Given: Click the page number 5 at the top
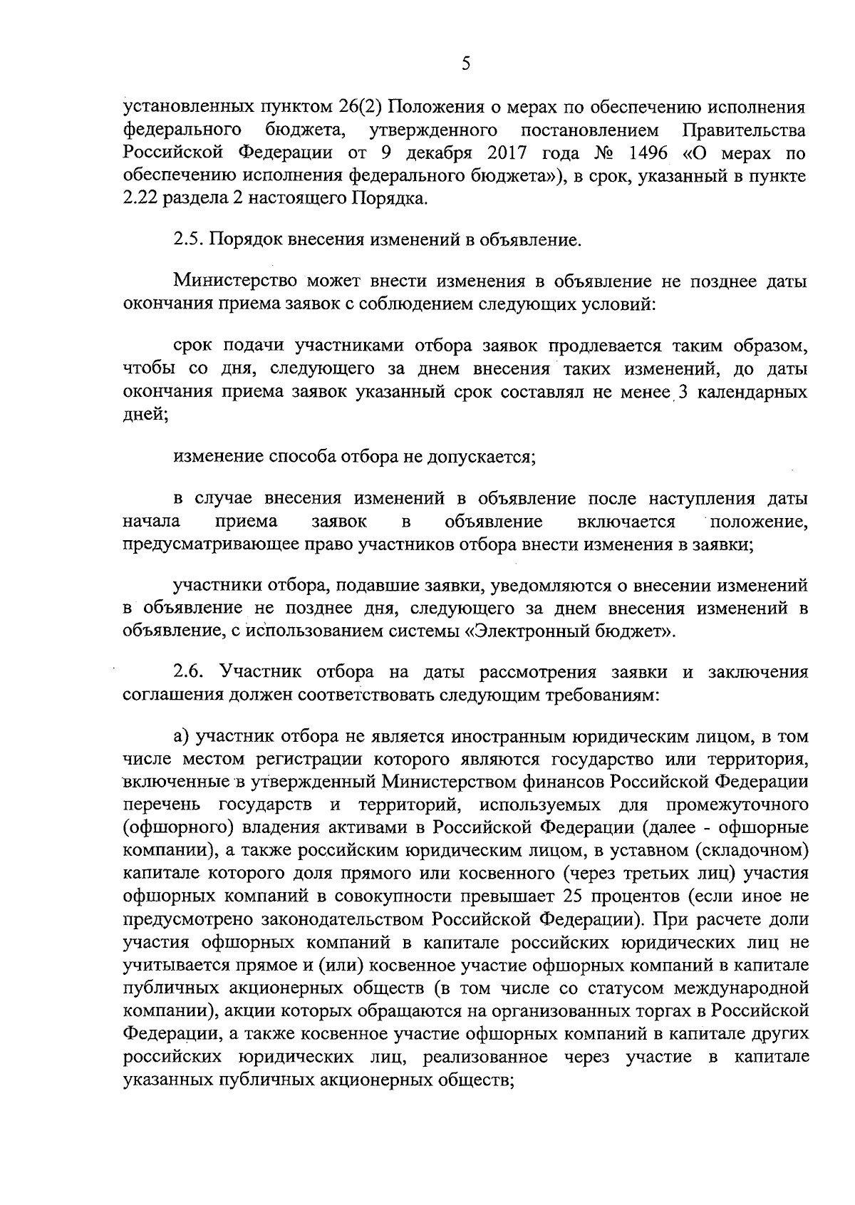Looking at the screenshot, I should coord(466,64).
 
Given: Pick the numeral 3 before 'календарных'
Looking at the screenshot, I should coord(683,393).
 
